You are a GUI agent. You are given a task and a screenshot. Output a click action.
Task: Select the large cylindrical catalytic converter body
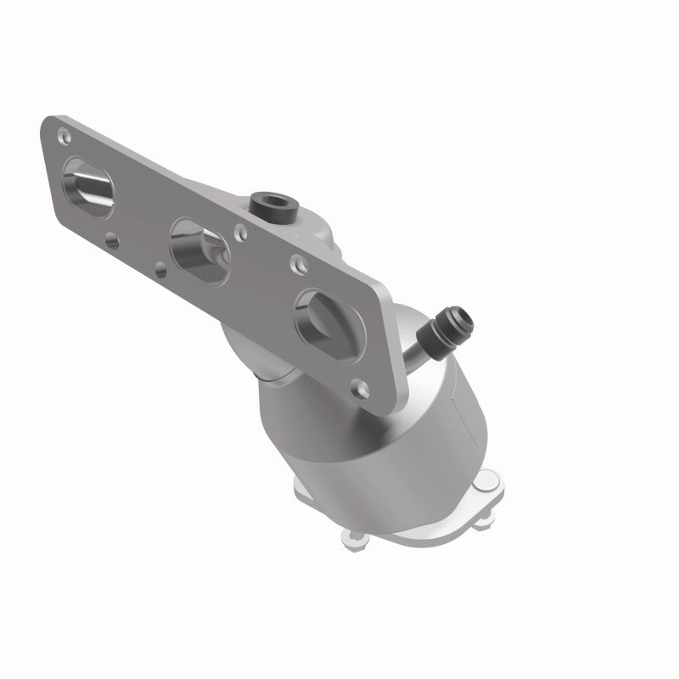407,433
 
